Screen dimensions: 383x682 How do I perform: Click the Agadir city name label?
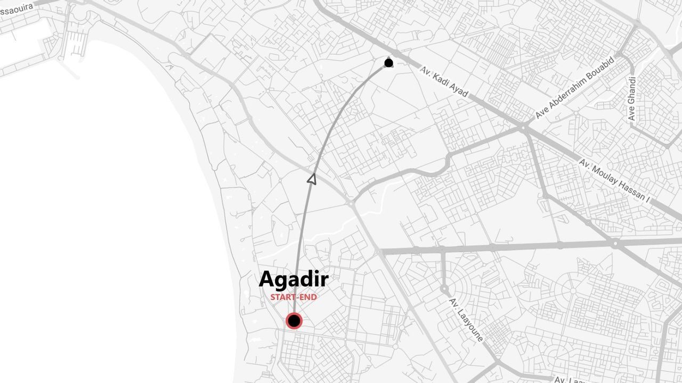294,280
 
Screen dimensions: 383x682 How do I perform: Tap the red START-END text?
294,297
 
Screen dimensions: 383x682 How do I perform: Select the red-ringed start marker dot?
294,321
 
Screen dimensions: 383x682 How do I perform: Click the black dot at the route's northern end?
389,63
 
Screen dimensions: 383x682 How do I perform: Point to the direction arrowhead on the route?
312,179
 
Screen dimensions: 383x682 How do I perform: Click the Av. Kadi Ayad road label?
444,82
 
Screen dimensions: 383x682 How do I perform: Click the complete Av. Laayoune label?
466,320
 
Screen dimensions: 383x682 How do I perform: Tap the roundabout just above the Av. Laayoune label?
444,288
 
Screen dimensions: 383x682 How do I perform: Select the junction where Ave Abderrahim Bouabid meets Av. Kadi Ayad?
524,127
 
